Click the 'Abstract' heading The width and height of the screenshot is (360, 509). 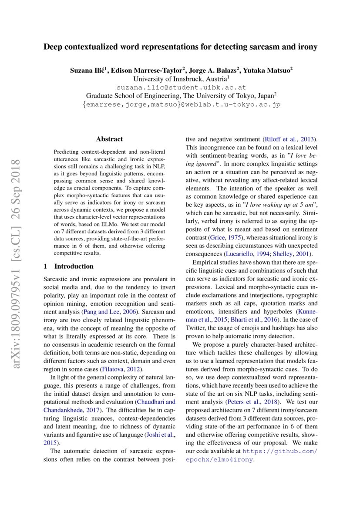click(x=109, y=139)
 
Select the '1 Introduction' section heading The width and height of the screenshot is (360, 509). click(x=68, y=266)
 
